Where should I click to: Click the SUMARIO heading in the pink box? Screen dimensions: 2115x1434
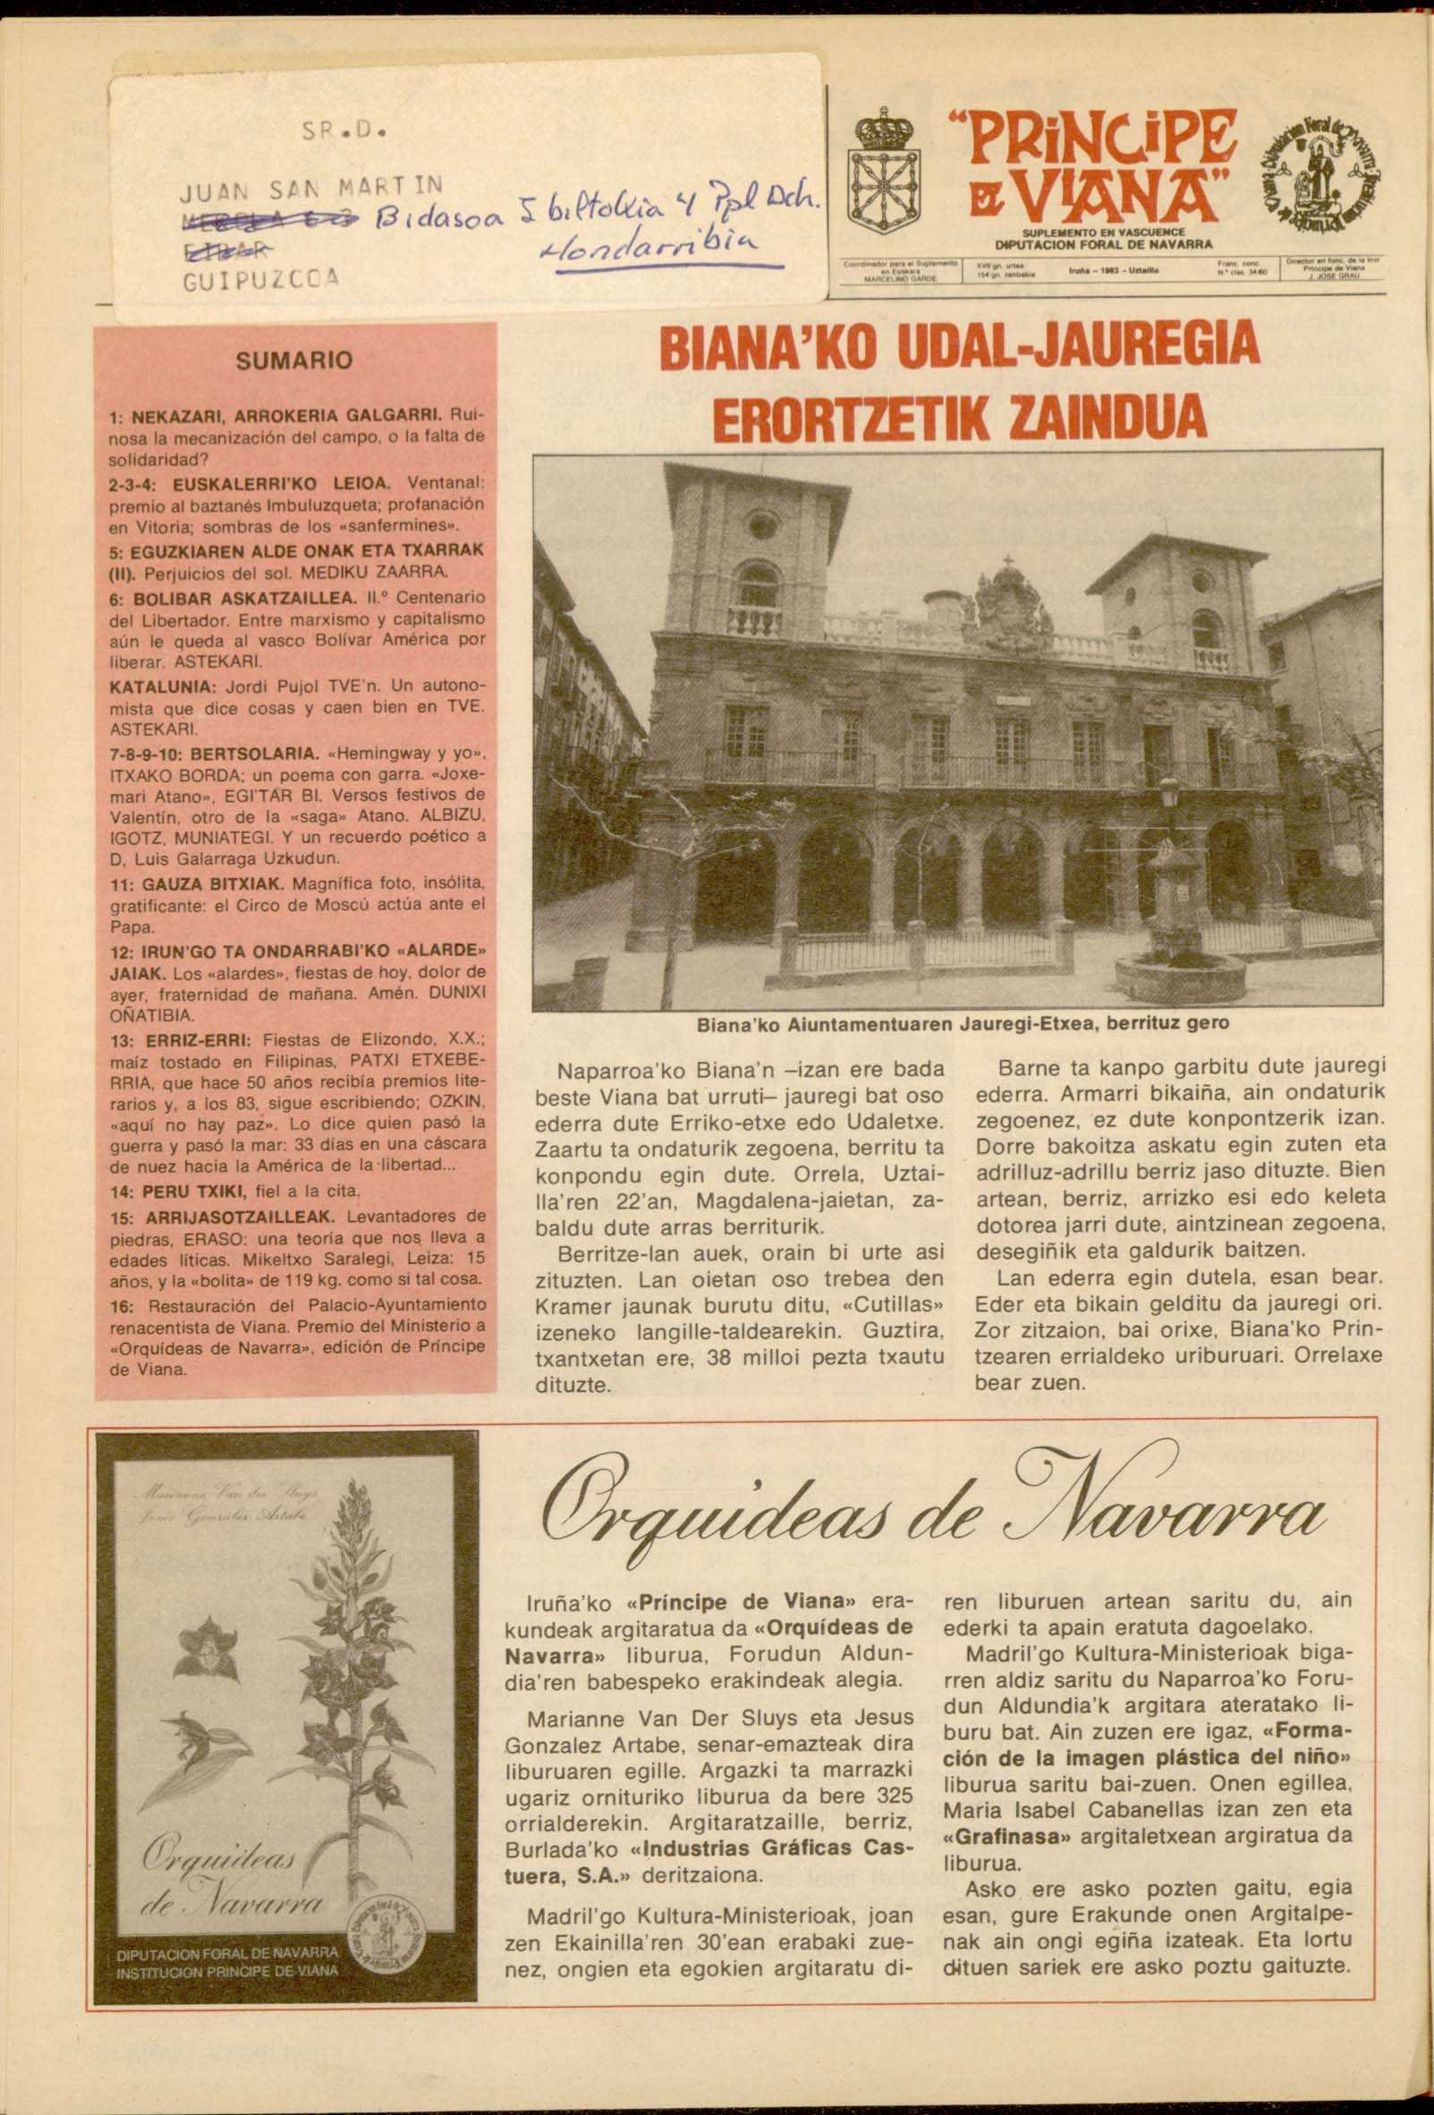click(x=294, y=361)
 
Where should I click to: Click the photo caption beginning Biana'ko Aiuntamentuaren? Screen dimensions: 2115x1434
click(x=963, y=1023)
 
